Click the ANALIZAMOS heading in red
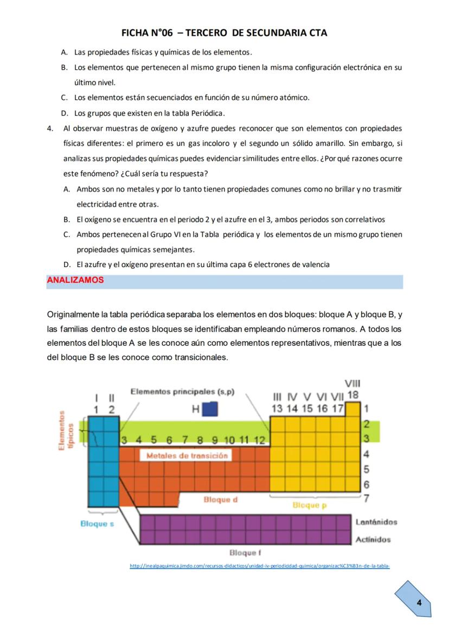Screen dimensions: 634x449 pyautogui.click(x=75, y=280)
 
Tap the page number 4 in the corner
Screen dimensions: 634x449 pyautogui.click(x=419, y=603)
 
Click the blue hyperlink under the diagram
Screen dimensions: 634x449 pyautogui.click(x=260, y=566)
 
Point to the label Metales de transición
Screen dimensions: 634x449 pyautogui.click(x=187, y=456)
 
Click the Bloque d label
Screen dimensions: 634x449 pyautogui.click(x=220, y=500)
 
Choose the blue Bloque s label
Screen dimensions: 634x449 pyautogui.click(x=97, y=524)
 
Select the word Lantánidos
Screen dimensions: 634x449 pyautogui.click(x=376, y=522)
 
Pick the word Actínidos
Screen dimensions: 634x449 pyautogui.click(x=373, y=540)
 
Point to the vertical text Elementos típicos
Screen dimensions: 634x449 pyautogui.click(x=66, y=430)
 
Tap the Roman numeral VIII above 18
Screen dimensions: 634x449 pyautogui.click(x=352, y=384)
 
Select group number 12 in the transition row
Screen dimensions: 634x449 pyautogui.click(x=260, y=439)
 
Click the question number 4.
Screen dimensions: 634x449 pyautogui.click(x=50, y=128)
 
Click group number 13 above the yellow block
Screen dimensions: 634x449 pyautogui.click(x=278, y=409)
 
